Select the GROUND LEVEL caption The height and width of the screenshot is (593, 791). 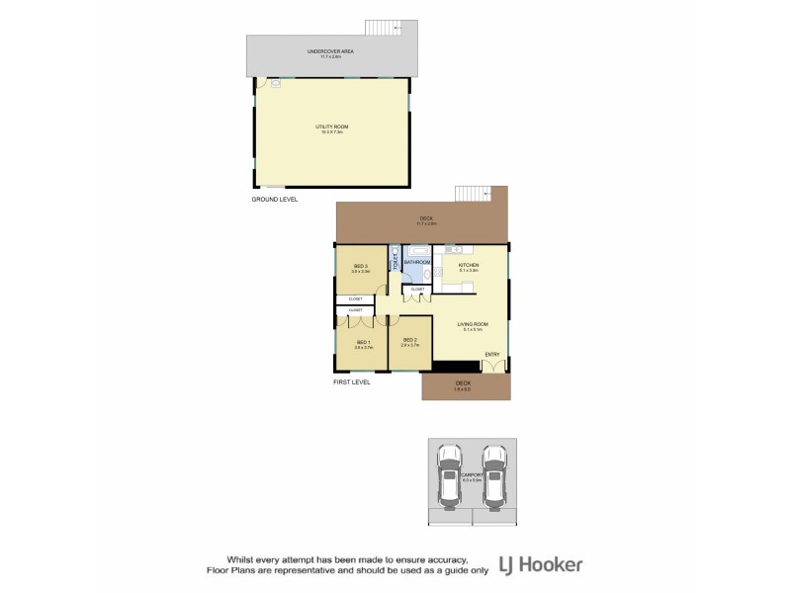point(275,199)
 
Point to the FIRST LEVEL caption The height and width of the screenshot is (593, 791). point(351,381)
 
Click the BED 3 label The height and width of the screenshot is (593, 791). point(360,266)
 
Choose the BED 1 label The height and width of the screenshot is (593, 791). point(362,342)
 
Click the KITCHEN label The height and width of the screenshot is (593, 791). point(469,266)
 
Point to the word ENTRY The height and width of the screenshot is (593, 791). point(492,354)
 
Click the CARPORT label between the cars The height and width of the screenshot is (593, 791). point(472,475)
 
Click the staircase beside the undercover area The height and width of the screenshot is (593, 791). point(381,27)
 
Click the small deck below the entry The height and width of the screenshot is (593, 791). point(463,386)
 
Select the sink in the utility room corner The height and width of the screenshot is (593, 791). point(275,84)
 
